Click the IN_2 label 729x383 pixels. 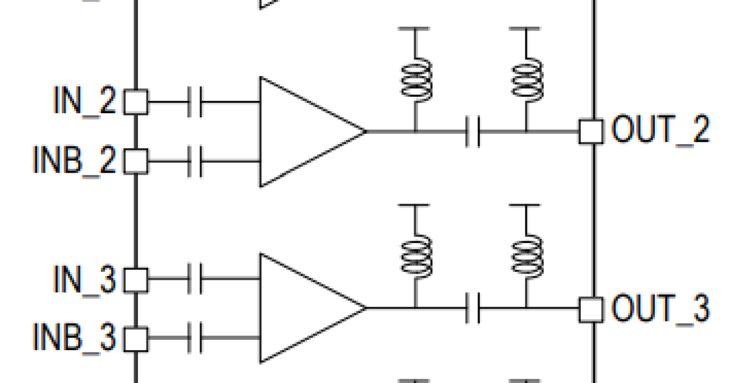(84, 101)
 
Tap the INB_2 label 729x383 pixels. (74, 160)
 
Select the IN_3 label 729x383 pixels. (84, 279)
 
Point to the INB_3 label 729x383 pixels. (74, 338)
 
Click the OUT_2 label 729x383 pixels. (661, 129)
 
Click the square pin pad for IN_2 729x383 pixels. (136, 102)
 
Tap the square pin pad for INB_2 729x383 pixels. (136, 162)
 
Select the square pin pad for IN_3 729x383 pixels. (136, 280)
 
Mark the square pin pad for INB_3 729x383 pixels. (136, 340)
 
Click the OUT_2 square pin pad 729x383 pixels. (591, 131)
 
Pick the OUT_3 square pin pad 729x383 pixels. (591, 310)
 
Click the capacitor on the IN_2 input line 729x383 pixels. (195, 102)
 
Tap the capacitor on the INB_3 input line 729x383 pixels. (195, 338)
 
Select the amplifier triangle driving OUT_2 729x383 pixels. (313, 132)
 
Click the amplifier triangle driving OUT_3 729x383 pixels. (313, 308)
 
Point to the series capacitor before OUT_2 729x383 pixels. (473, 131)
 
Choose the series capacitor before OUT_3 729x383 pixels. (473, 308)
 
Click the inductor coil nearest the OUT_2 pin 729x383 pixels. (527, 80)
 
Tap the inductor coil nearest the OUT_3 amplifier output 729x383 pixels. (416, 257)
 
